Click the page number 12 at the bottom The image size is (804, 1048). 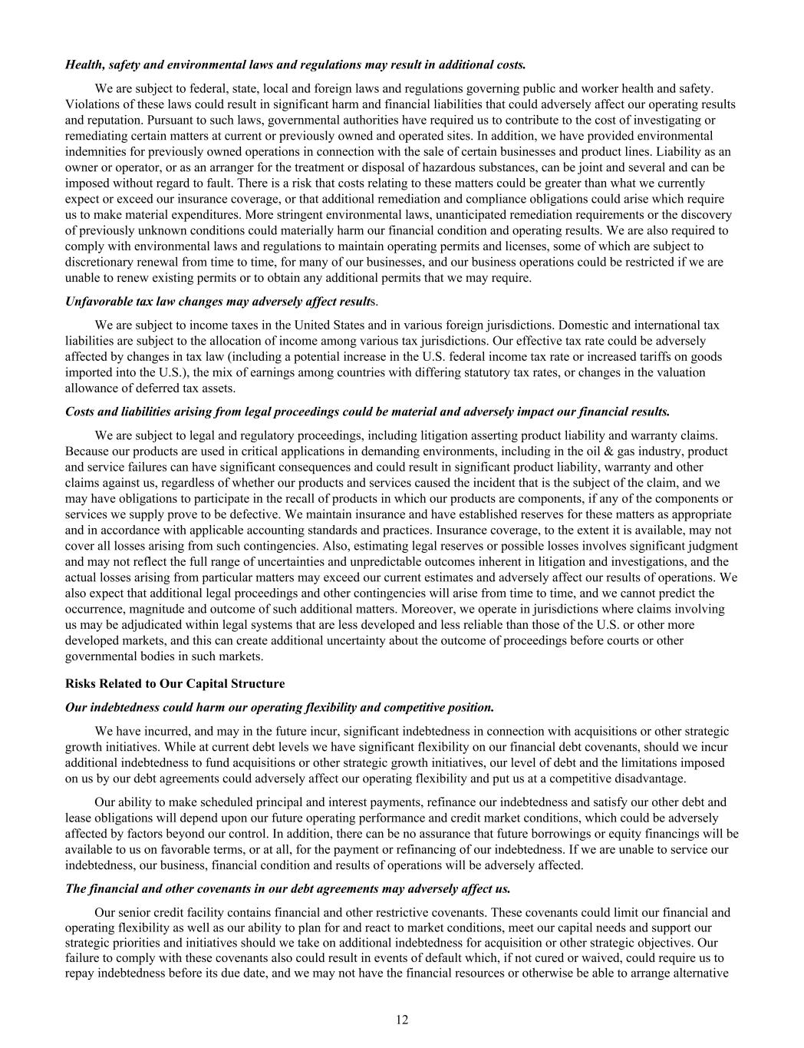[x=402, y=1020]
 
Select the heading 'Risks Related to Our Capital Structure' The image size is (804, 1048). [x=175, y=683]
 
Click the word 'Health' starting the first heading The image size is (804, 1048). [x=83, y=64]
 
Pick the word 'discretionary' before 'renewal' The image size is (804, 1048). [x=99, y=262]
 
